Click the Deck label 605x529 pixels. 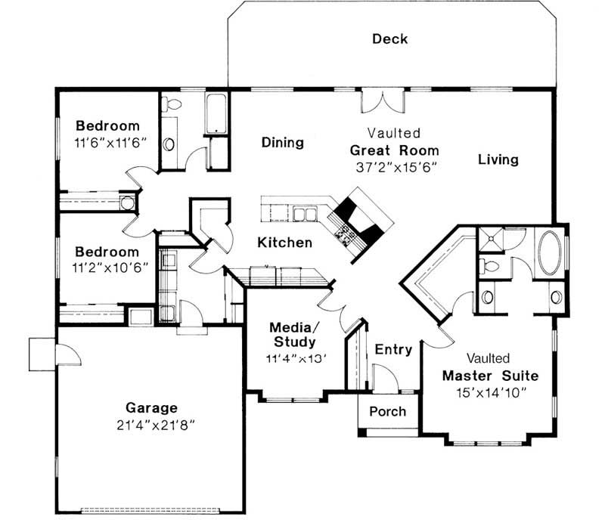point(389,39)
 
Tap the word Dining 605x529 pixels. point(282,142)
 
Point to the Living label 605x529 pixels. point(498,159)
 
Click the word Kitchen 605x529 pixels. point(284,243)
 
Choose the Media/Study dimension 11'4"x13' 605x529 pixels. point(295,357)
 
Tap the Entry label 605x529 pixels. point(393,349)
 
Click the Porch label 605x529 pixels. point(387,412)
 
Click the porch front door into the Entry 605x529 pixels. point(383,379)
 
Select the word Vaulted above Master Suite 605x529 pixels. point(488,357)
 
